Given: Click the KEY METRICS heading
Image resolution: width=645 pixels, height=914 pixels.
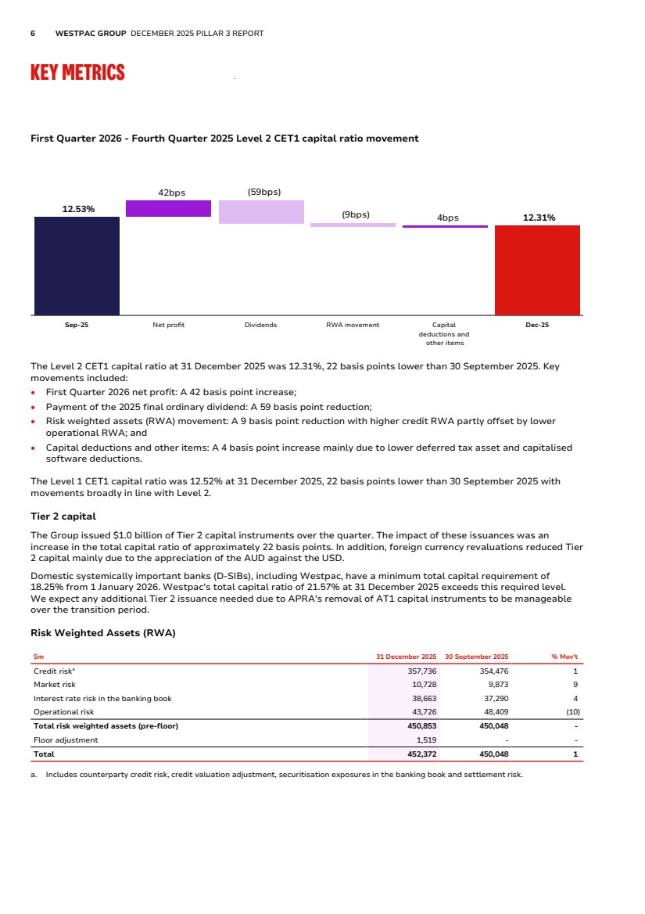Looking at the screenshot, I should pos(77,73).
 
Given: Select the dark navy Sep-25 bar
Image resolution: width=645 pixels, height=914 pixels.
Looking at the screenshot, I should pos(77,265).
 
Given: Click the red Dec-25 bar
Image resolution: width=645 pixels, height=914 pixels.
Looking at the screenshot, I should pos(537,270).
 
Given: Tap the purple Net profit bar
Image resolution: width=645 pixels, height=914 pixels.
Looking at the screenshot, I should pos(168,208).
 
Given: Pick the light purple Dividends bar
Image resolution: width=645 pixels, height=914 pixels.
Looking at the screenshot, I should pos(261,212).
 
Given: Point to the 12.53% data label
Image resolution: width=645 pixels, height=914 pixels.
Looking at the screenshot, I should pos(78,209).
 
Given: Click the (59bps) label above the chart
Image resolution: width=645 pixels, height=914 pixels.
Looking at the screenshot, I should pos(263,192).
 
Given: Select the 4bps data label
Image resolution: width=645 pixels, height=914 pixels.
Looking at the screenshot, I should pos(448,218).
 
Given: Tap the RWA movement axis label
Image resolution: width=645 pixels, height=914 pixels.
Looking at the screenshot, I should pos(352,325).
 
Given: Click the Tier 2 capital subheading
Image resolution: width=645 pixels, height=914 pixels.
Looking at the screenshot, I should pos(63,516).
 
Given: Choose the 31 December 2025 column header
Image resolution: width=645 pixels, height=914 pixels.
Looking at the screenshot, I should pos(406,657).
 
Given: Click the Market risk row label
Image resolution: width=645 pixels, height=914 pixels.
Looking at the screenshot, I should pos(54,685).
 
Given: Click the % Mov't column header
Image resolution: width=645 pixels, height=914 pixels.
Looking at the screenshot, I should pos(564,657).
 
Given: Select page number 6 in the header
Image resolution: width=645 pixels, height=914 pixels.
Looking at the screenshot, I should pos(32,34).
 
